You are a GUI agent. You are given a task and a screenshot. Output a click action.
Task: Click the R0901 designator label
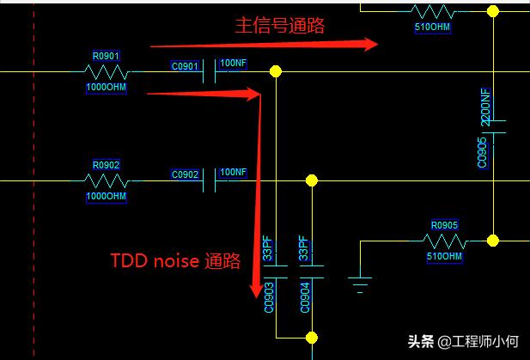point(106,56)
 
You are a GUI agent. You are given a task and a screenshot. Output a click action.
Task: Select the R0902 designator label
point(106,165)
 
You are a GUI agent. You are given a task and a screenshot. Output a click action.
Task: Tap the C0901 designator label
point(186,66)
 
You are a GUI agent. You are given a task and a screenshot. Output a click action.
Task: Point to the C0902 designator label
point(186,174)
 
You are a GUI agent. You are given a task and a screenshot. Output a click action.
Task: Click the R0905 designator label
point(444,225)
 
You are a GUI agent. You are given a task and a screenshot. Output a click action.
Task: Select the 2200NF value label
point(485,107)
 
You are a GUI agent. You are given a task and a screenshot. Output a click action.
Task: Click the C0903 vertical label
point(268,297)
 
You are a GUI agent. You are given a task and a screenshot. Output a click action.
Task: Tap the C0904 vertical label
point(302,297)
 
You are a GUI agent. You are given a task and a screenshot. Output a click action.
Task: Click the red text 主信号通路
point(281,26)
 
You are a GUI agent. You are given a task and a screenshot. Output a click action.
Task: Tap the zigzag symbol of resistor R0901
point(106,72)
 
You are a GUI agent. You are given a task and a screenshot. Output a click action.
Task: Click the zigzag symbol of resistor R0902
point(106,180)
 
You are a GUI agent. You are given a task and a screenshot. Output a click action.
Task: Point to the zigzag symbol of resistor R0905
point(444,241)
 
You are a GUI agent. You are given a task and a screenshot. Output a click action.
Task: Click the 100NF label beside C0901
point(234,64)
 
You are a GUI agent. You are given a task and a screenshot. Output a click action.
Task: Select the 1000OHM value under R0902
point(106,196)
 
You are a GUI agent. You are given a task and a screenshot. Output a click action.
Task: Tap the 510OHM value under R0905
point(444,256)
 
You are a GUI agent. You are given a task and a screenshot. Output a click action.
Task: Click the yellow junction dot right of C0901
point(275,70)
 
